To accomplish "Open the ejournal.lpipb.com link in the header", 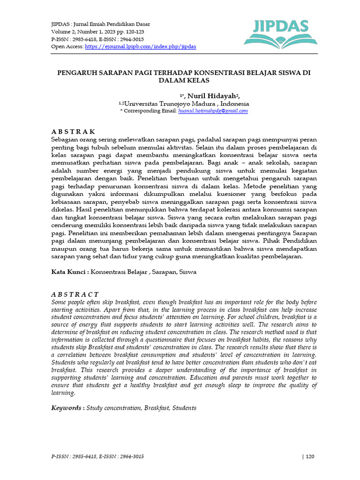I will click(x=140, y=47).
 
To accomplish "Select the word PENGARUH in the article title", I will click(x=74, y=73).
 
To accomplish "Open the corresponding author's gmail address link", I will click(x=213, y=111).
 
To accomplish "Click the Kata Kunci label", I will click(x=69, y=272).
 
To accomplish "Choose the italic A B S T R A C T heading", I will click(x=75, y=294).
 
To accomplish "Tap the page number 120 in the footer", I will click(x=310, y=457).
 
